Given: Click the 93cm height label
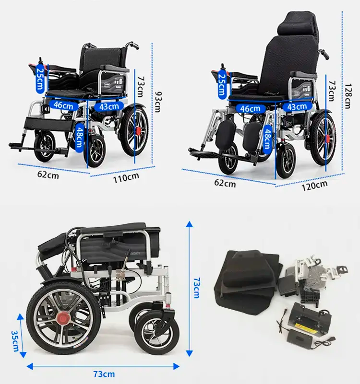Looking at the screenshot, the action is pos(159,102).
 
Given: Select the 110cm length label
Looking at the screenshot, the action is pos(126,177).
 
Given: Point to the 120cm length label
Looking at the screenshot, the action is pos(314,186).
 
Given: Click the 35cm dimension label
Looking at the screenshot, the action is pos(15,341).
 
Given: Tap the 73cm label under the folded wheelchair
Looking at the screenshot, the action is pos(104,374).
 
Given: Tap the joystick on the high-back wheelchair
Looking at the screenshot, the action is pos(223,66).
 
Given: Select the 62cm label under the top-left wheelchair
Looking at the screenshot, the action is pos(48,175).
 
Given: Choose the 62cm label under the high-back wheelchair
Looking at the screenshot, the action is pos(225,183).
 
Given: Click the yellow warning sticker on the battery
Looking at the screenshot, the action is pos(300,326).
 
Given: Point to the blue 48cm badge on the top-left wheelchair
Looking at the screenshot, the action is pos(79,138).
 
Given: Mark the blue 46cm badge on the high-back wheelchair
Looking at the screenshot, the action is pos(250,108).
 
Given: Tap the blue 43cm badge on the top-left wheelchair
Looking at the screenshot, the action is pos(109,106).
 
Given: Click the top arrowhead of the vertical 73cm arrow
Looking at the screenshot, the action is pos(189,224).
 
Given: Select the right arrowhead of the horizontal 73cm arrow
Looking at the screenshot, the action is pos(176,366).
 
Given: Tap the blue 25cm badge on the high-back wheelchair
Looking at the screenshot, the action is pos(222,85).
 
